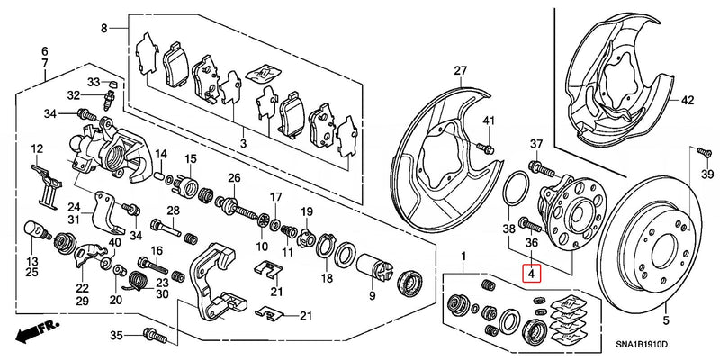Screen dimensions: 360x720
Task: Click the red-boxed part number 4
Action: pyautogui.click(x=532, y=273)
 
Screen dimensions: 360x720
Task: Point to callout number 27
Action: pyautogui.click(x=462, y=71)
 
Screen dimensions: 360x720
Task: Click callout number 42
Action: pyautogui.click(x=687, y=101)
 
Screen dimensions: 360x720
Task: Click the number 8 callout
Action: pyautogui.click(x=103, y=29)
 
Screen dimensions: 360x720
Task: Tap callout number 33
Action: pyautogui.click(x=94, y=82)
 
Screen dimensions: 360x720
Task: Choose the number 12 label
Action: pyautogui.click(x=38, y=148)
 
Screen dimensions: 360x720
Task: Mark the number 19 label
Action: pyautogui.click(x=306, y=211)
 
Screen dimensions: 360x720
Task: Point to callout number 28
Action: pyautogui.click(x=174, y=211)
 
